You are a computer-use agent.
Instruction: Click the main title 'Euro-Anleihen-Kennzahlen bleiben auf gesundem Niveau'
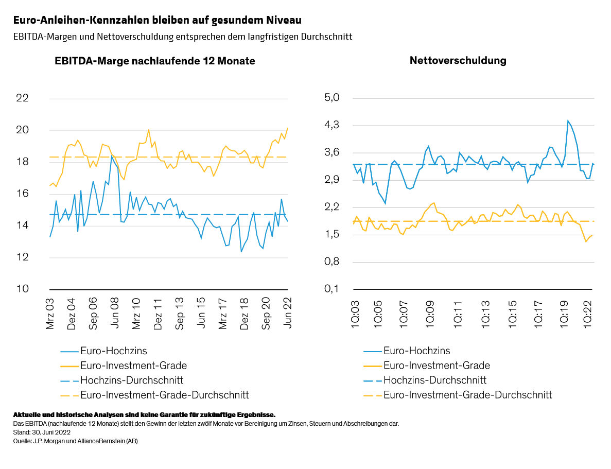[x=158, y=20]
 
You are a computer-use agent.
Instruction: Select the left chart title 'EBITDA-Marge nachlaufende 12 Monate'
[x=155, y=61]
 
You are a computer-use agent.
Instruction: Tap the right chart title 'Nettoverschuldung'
[x=458, y=60]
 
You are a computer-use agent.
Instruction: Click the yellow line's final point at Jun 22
[x=287, y=128]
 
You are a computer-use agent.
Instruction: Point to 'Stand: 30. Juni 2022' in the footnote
[x=42, y=432]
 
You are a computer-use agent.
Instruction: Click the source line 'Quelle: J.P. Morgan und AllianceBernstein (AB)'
[x=75, y=441]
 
